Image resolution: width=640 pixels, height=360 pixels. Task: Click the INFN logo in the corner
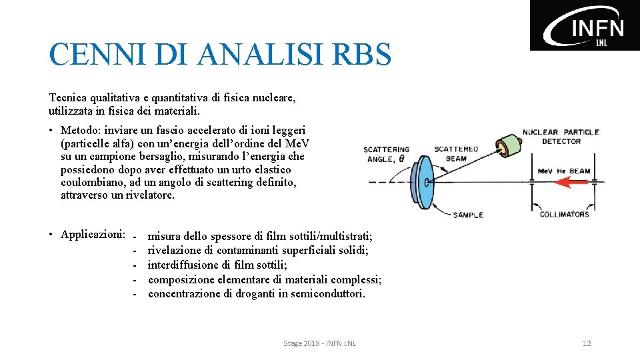pyautogui.click(x=585, y=25)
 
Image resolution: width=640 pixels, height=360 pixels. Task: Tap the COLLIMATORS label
pyautogui.click(x=564, y=214)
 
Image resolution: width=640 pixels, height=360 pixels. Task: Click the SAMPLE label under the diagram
pyautogui.click(x=468, y=215)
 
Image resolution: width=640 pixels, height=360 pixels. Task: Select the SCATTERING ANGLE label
pyautogui.click(x=386, y=154)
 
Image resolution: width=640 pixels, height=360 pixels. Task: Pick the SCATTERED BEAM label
pyautogui.click(x=456, y=153)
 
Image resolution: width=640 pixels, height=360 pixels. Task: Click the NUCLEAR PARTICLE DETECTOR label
pyautogui.click(x=561, y=137)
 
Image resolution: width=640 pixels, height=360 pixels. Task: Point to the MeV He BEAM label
pyautogui.click(x=564, y=171)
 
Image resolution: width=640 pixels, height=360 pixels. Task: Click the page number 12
pyautogui.click(x=587, y=343)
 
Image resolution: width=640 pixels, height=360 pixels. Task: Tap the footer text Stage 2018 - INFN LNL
pyautogui.click(x=320, y=343)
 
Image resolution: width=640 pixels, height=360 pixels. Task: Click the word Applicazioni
pyautogui.click(x=92, y=234)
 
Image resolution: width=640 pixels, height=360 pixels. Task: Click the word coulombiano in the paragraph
pyautogui.click(x=90, y=182)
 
